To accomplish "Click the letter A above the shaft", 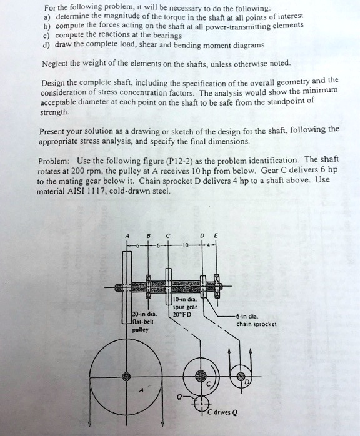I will coord(127,235).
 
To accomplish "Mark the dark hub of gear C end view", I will coord(201,376).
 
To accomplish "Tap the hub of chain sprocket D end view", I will coord(241,376).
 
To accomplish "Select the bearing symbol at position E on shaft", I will coord(217,277).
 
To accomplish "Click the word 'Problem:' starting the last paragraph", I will coord(54,160).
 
